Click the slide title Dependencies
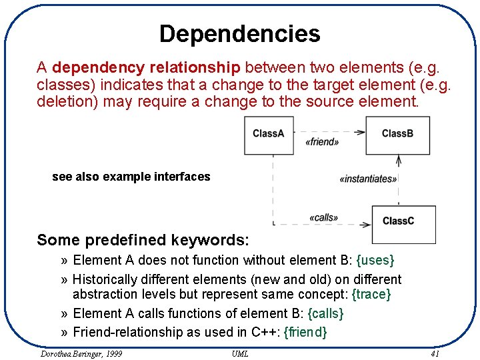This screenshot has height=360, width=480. coord(240,33)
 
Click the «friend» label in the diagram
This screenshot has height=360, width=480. coord(322,142)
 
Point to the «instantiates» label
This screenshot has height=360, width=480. coord(368,179)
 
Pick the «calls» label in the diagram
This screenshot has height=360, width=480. coord(324,217)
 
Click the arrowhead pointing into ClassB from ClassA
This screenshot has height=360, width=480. coord(361,132)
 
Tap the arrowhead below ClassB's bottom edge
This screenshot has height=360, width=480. coord(399,160)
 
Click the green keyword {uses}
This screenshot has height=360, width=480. coord(375,261)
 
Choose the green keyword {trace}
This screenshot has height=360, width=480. coord(371,294)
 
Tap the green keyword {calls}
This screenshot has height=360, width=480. coord(323,313)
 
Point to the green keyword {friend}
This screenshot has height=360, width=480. coord(305,332)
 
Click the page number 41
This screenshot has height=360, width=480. coord(435,353)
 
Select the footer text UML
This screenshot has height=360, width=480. coord(240,353)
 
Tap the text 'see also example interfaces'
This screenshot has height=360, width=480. coord(131,177)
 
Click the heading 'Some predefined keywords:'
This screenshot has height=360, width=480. coord(143,240)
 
